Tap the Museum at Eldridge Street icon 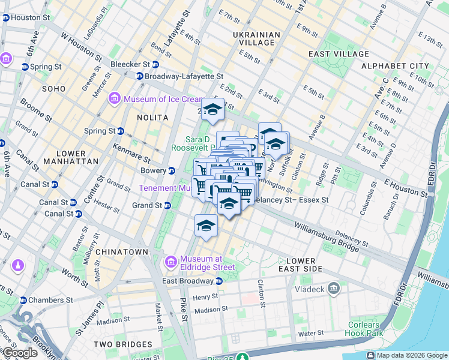(x=171, y=262)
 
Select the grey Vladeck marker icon (x=334, y=289)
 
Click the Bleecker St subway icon (x=155, y=65)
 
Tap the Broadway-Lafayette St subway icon (x=140, y=76)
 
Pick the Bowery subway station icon (x=172, y=171)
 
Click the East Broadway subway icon (x=219, y=281)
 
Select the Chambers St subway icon (x=23, y=300)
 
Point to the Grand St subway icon (x=167, y=206)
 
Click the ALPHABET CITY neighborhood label (x=394, y=66)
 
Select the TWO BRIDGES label (x=123, y=344)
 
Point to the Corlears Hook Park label (x=363, y=329)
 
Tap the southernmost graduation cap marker (x=206, y=226)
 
